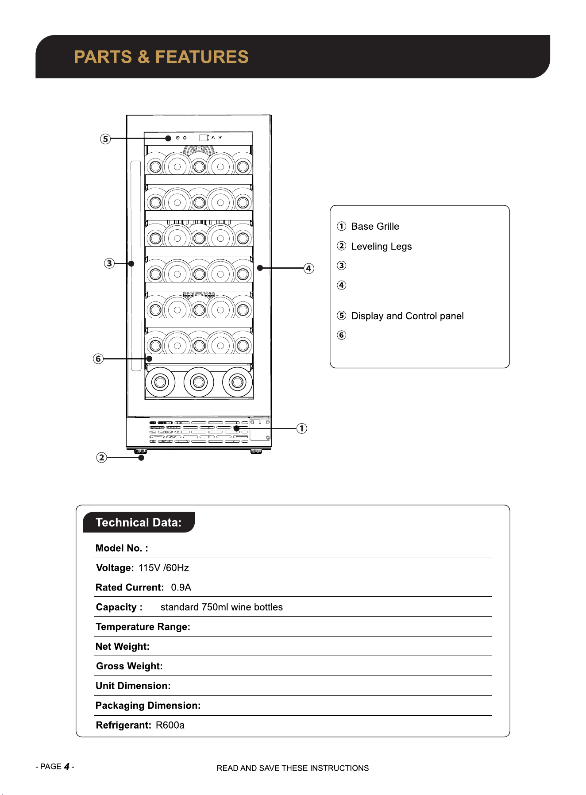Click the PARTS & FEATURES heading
point(161,57)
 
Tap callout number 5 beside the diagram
point(105,139)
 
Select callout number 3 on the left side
point(109,263)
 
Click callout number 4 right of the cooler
point(309,268)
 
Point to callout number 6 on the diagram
point(98,359)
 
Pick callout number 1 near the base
point(302,428)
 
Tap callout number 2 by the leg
point(102,457)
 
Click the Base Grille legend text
point(375,227)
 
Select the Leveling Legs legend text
point(382,247)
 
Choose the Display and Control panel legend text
point(407,316)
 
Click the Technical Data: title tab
point(139,522)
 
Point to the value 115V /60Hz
point(164,568)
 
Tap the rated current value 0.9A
point(181,587)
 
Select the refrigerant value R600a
point(170,725)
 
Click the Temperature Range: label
point(143,627)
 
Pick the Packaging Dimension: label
point(148,706)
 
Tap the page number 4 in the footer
point(67,766)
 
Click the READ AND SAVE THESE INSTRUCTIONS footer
point(293,768)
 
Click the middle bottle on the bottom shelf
point(199,382)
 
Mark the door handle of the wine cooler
point(136,266)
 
